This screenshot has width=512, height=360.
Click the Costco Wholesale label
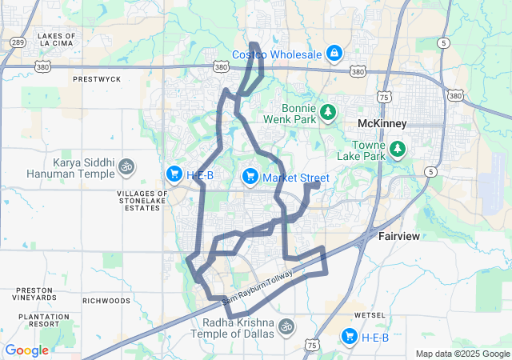tap(277, 54)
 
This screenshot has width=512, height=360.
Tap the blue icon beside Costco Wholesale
tap(334, 54)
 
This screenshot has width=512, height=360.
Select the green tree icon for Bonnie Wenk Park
tap(327, 114)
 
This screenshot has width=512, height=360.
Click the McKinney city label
tap(382, 124)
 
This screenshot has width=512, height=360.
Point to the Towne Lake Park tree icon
tap(397, 150)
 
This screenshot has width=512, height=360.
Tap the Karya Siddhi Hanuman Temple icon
tap(126, 168)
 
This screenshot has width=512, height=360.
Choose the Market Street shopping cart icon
tap(250, 176)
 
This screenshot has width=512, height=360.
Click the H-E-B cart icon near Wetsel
tap(349, 337)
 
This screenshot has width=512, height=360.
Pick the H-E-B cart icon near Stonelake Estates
tap(174, 174)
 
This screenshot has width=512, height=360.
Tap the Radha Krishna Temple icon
tap(286, 326)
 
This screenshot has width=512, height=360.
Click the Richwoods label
tap(106, 301)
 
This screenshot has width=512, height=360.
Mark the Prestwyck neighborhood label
tap(96, 79)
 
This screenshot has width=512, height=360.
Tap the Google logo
tap(26, 350)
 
